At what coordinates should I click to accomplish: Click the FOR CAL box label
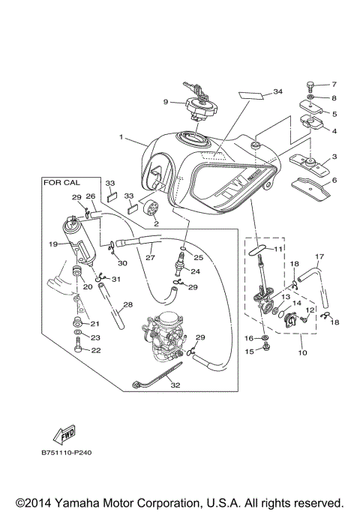(x=61, y=182)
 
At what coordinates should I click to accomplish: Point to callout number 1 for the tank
(x=119, y=138)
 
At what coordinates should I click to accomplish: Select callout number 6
(x=334, y=180)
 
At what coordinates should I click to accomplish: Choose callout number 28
(x=128, y=304)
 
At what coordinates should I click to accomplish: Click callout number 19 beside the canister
(x=53, y=244)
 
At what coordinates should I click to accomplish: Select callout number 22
(x=96, y=350)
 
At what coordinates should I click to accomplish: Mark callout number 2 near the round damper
(x=156, y=223)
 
